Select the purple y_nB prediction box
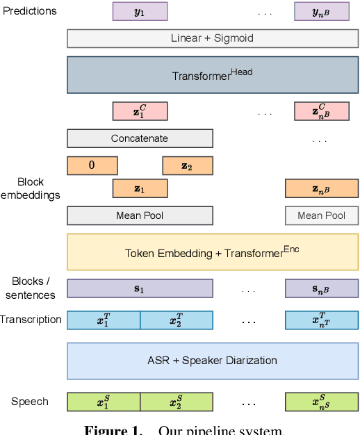[322, 11]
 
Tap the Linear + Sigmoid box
[213, 38]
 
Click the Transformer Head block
[213, 74]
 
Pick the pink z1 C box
[140, 111]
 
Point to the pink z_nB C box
[322, 111]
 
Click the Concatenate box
[140, 138]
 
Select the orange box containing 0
[92, 165]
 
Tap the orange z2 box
[188, 165]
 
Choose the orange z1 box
[140, 188]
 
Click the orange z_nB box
[322, 188]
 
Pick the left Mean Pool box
[140, 215]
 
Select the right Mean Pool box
[322, 215]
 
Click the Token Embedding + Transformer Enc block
[213, 252]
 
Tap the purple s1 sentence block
[140, 288]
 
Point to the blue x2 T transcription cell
[177, 320]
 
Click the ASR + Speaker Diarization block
[213, 361]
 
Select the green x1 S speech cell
[104, 402]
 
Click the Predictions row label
[30, 11]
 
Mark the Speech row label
[30, 402]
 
